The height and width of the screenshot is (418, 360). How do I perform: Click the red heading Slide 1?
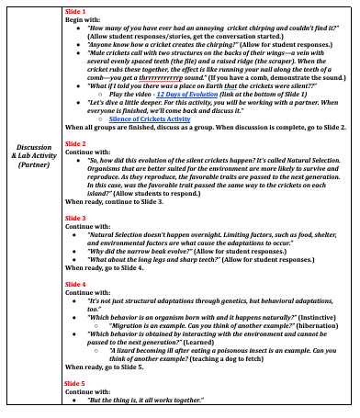76,9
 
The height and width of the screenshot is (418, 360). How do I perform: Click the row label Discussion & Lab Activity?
34,206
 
